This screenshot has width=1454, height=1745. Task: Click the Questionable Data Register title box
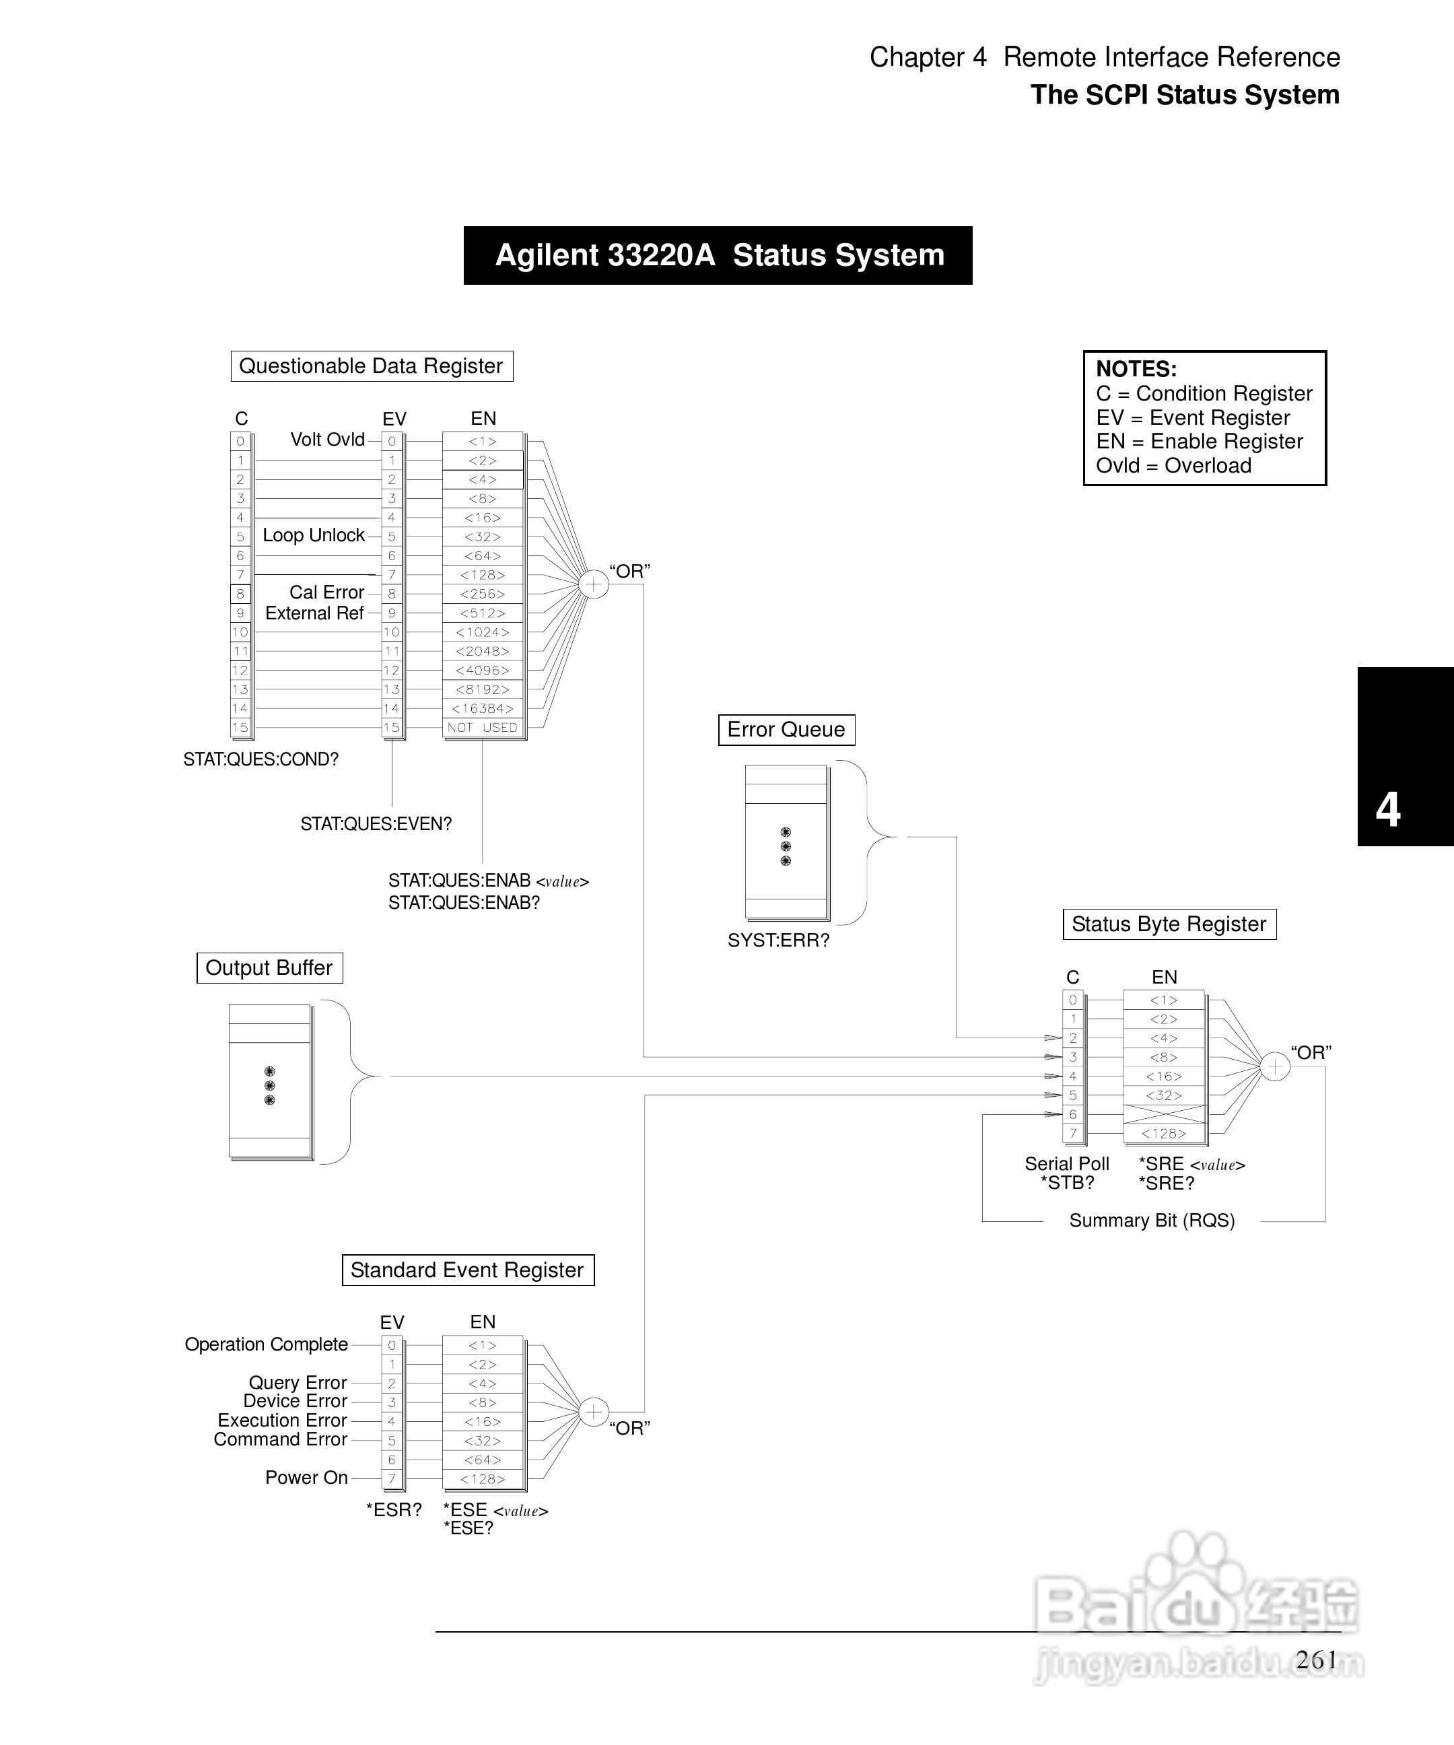point(372,366)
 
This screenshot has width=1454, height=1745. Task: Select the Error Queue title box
point(786,730)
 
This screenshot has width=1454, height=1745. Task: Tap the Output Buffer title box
point(269,968)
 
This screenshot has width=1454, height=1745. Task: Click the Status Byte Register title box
point(1169,924)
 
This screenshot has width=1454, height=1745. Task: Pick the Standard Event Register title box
point(468,1270)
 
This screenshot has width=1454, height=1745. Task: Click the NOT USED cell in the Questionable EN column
point(483,728)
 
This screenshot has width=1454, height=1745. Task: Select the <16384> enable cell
point(483,709)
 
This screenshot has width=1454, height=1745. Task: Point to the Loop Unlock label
point(314,535)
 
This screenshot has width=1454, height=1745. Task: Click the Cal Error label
point(326,592)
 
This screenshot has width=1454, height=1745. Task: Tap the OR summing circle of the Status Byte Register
point(1274,1066)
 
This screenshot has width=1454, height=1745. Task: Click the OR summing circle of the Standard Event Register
point(593,1412)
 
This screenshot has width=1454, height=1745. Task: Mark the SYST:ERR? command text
point(779,940)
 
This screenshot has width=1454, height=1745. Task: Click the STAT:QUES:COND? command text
point(261,759)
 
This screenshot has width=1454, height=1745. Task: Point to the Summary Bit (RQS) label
point(1152,1221)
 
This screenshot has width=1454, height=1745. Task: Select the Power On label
point(306,1478)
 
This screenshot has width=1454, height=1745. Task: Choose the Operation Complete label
point(266,1344)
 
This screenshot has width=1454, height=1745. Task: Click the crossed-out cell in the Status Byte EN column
point(1164,1114)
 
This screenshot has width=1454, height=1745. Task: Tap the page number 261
point(1316,1660)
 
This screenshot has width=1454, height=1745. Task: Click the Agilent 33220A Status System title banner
point(718,255)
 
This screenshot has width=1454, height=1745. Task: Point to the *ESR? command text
point(394,1510)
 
